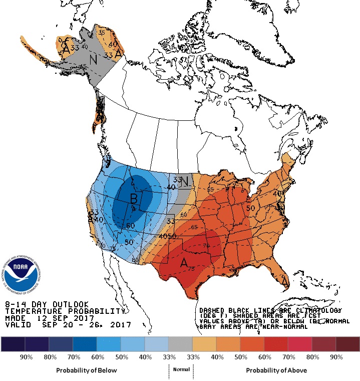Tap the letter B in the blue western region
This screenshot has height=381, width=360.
point(134,199)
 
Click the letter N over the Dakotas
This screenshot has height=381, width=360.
point(184,181)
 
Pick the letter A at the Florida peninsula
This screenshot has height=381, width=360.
point(285,283)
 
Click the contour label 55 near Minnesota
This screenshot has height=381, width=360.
point(210,190)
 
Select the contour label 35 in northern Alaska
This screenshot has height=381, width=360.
point(102,33)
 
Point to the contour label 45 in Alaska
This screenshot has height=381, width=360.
point(83,66)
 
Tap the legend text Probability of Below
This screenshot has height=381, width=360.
point(87,370)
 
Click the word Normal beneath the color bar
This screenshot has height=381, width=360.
point(181,369)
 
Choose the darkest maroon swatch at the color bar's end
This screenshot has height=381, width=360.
point(347,344)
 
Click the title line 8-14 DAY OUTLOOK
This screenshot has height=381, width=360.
point(47,304)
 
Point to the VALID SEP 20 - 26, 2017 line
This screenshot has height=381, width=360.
point(68,325)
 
